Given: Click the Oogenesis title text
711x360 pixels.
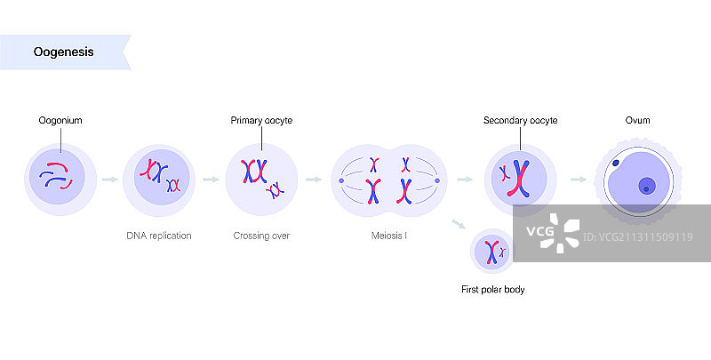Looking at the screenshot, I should pos(64,52).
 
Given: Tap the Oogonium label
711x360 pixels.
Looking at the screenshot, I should pos(60,120).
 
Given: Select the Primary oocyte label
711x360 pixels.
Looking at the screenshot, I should pos(261,120).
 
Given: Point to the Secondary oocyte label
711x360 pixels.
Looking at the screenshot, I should pos(520,120).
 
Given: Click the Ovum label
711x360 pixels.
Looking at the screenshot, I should pos(637,120).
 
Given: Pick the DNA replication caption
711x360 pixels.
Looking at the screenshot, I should pos(158,236).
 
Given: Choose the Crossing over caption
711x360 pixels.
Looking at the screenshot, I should pos(261,236).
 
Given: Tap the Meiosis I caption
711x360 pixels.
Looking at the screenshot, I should pos(389,236).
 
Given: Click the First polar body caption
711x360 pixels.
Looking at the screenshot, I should pos(492,290).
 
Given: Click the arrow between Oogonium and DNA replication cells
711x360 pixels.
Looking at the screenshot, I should pos(109,180).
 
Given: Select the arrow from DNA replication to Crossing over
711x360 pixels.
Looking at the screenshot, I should pos(211,180).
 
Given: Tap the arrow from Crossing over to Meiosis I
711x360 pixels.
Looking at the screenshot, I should pos(313,180).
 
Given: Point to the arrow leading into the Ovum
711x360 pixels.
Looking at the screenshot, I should pos(578,180).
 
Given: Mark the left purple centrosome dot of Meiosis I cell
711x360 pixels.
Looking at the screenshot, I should pos(341,181).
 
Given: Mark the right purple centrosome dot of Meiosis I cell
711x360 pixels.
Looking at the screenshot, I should pos(437,181).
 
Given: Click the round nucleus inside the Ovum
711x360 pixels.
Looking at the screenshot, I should pos(647,186).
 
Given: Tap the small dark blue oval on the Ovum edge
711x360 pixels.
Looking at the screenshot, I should pos(615,164).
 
